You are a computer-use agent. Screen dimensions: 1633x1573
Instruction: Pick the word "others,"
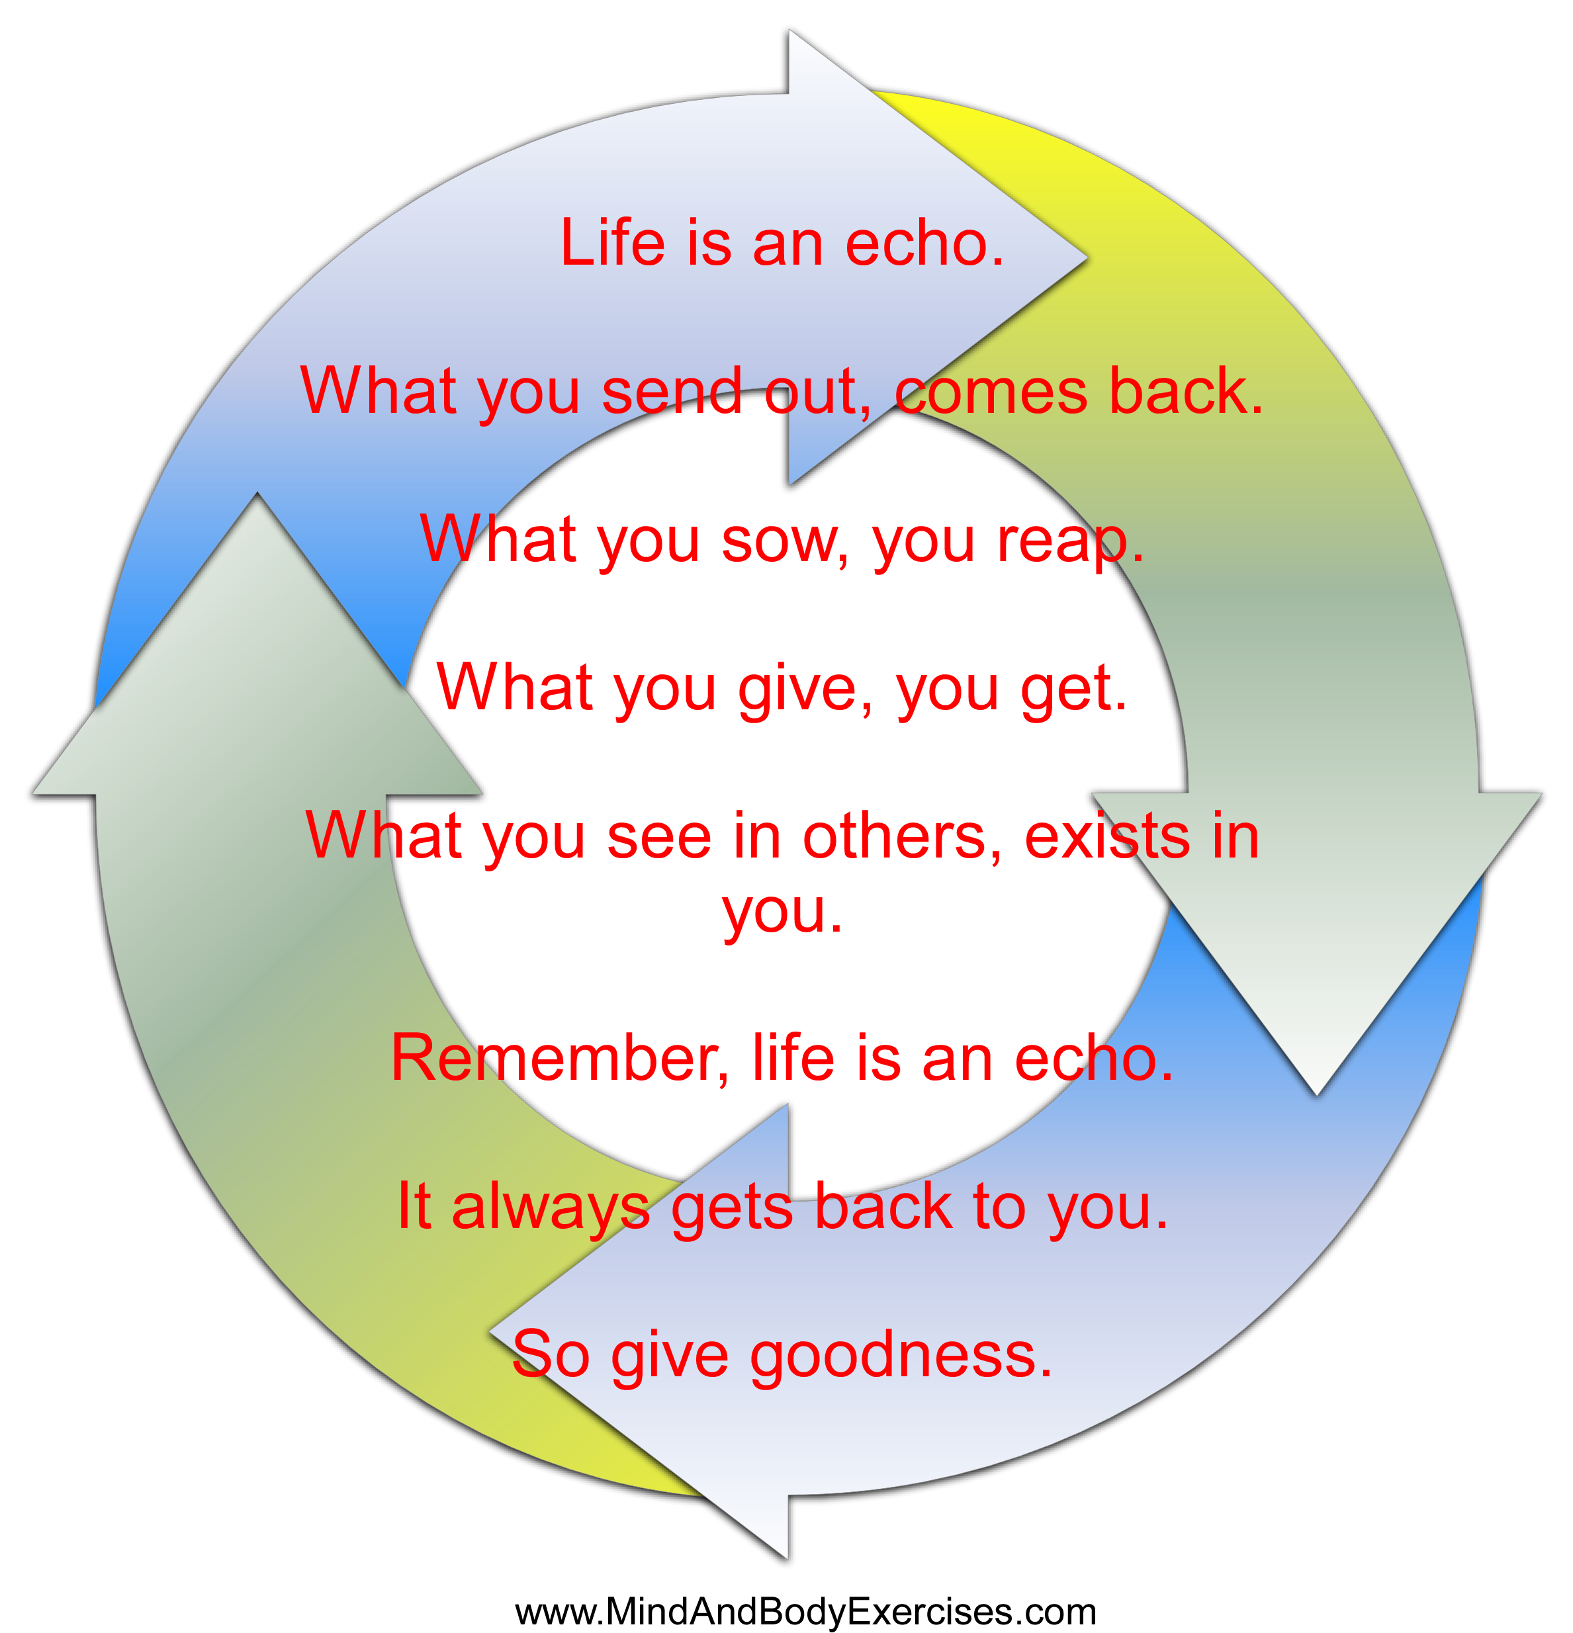(901, 836)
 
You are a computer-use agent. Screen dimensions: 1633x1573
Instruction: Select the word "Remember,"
(560, 1059)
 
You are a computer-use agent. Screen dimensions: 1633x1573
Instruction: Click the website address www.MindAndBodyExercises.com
(805, 1611)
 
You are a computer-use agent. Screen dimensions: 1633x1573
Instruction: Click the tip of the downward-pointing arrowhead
(1316, 1094)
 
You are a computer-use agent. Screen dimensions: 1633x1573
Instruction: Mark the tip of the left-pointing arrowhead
(490, 1331)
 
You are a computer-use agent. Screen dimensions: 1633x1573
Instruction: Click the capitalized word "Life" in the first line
(612, 243)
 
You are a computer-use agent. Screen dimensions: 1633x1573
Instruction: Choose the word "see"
(659, 836)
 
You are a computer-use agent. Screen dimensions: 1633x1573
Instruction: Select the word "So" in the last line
(550, 1354)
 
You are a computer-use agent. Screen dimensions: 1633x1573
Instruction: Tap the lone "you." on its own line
(782, 912)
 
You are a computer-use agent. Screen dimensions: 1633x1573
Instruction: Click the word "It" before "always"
(414, 1206)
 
